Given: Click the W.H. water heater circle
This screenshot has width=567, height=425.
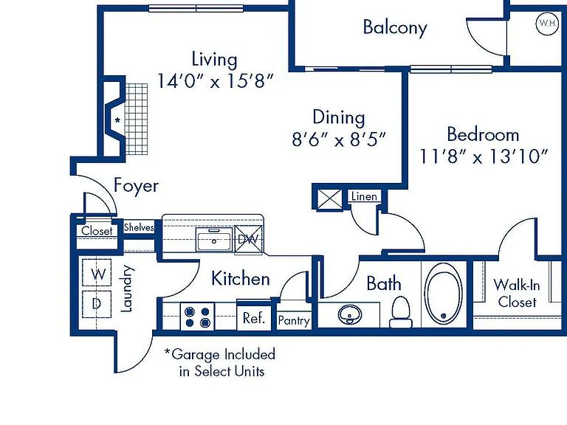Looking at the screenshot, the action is (x=547, y=24).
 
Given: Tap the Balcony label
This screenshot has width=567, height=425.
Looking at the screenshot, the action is (x=395, y=27).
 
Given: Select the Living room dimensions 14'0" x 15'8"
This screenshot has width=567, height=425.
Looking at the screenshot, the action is (x=215, y=81).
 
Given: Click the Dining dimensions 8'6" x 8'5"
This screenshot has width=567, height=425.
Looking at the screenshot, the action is (x=339, y=139).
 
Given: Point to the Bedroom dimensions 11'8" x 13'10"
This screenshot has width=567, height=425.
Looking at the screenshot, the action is (x=484, y=156).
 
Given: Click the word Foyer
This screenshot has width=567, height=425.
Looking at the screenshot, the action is (x=137, y=186).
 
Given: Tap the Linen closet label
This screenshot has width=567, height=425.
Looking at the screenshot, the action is (x=364, y=196).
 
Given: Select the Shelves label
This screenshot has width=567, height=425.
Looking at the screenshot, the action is (x=139, y=227).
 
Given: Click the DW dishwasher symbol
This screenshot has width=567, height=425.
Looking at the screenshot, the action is (x=248, y=239).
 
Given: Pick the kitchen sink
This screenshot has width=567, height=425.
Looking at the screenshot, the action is (x=213, y=240).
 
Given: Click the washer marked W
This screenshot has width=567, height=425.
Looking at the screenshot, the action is (x=97, y=273).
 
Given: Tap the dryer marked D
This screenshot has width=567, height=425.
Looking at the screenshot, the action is (x=97, y=304).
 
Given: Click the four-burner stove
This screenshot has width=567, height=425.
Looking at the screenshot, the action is (x=197, y=317).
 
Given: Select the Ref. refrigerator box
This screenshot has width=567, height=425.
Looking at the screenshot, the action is (x=254, y=317).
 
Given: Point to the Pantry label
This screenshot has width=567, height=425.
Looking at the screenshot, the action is (x=294, y=320).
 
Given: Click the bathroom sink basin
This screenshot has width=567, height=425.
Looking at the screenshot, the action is (x=350, y=314).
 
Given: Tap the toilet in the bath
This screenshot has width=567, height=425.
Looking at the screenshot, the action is (x=401, y=312).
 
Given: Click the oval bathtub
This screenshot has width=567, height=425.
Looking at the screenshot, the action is (x=443, y=294).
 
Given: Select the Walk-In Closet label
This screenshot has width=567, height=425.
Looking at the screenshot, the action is (x=517, y=293).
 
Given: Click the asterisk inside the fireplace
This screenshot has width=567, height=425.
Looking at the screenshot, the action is (x=117, y=120).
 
